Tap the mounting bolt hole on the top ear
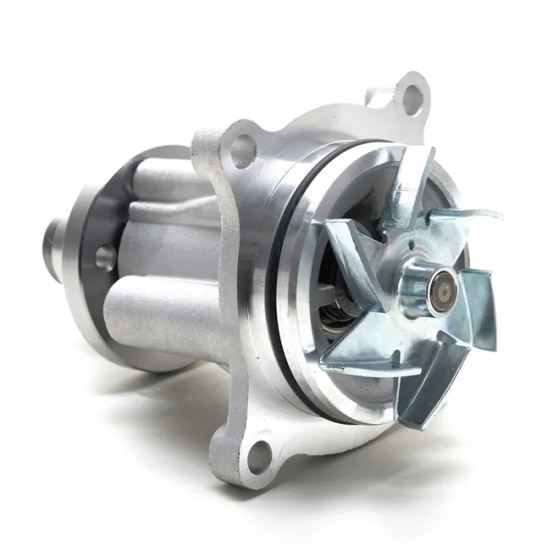coord(412,96)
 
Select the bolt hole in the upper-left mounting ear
coord(242,150)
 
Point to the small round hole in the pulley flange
coord(105,257)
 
